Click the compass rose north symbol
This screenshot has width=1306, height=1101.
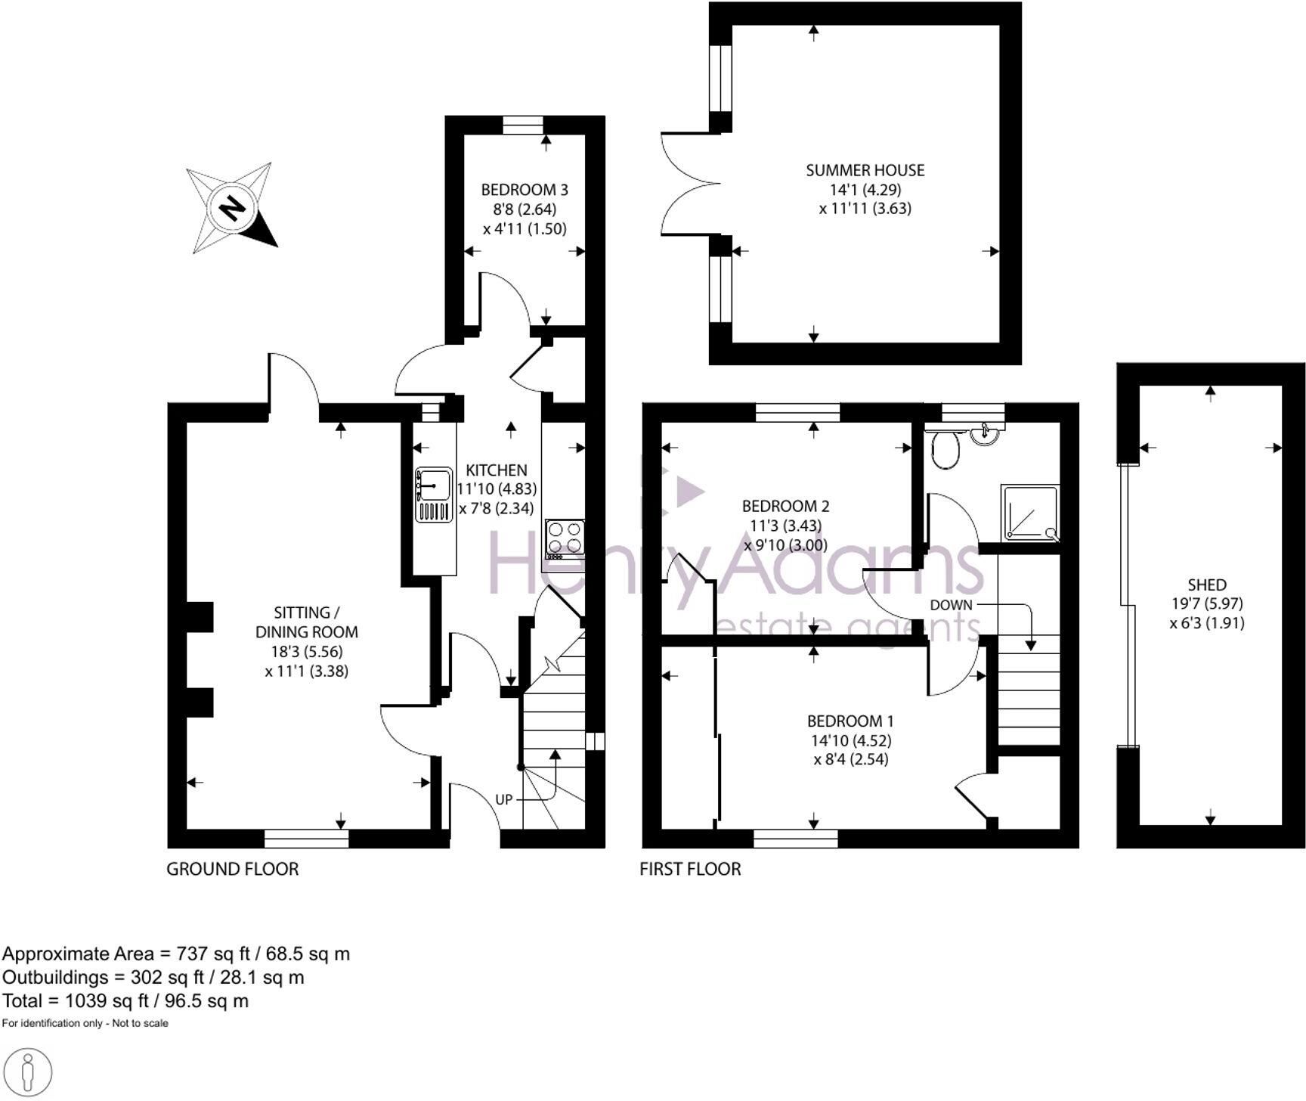pos(233,207)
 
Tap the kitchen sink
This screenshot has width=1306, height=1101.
pos(433,495)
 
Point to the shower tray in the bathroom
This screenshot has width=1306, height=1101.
pos(1030,513)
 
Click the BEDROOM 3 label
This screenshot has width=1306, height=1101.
pos(525,189)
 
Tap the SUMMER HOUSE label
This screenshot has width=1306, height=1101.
pos(865,170)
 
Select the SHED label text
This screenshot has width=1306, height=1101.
pos(1207,585)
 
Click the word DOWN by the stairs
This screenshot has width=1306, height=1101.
pos(951,605)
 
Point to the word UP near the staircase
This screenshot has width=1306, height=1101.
pos(504,800)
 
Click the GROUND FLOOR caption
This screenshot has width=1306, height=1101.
pos(233,869)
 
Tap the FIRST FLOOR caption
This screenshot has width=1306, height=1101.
pos(690,869)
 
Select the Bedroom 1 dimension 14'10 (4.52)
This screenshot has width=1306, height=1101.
pos(851,740)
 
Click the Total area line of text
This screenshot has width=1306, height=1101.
pos(125,1001)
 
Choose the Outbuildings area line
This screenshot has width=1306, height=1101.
pos(153,978)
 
